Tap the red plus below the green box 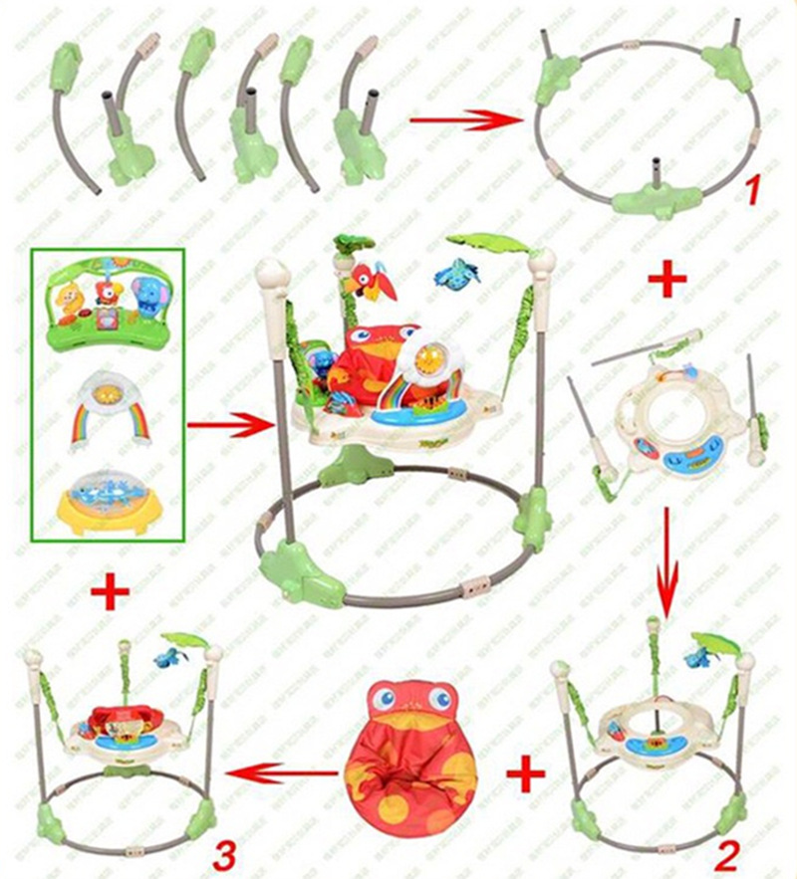click(x=110, y=593)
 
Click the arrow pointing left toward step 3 click(x=273, y=771)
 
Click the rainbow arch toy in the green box click(x=109, y=409)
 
